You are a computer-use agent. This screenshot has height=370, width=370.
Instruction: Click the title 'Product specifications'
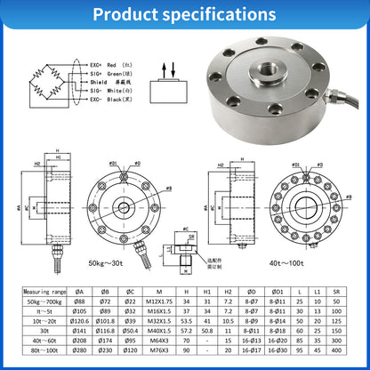click(x=184, y=15)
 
